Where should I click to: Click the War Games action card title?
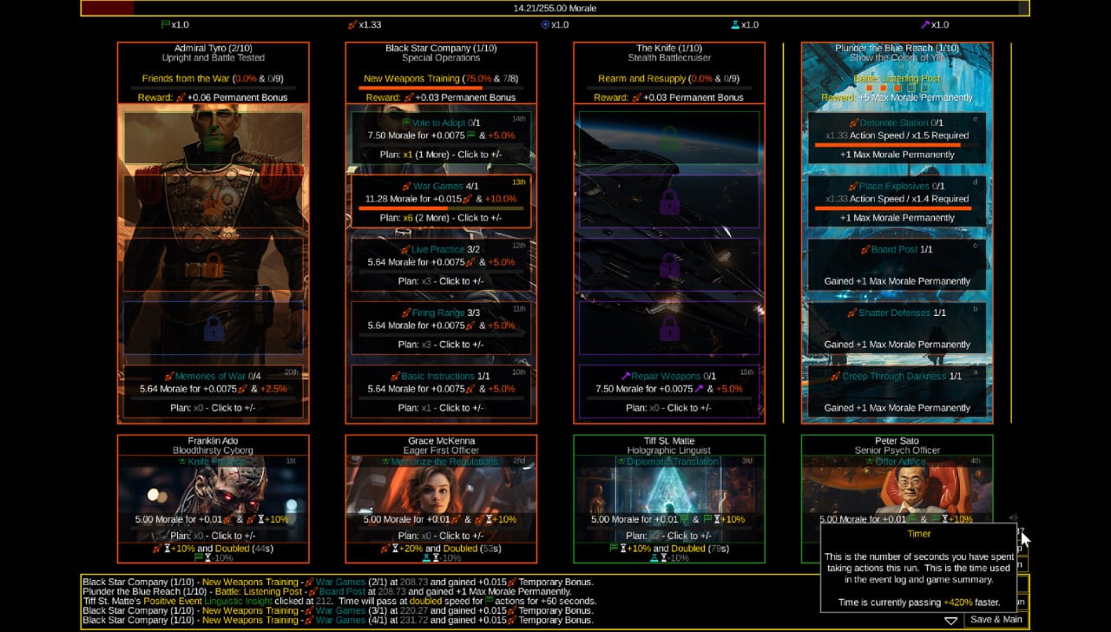click(439, 187)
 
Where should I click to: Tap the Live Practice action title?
click(439, 250)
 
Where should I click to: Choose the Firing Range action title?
click(439, 313)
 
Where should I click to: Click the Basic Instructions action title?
click(439, 377)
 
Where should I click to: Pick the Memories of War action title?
click(211, 377)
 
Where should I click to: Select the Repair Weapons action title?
click(667, 377)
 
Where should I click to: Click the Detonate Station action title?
click(894, 123)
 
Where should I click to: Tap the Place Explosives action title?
click(894, 187)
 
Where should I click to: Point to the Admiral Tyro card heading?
click(213, 49)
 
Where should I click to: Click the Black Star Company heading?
click(440, 49)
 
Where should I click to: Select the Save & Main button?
click(996, 620)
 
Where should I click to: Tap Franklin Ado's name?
click(213, 441)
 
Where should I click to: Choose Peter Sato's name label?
click(897, 441)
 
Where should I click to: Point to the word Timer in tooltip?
click(918, 534)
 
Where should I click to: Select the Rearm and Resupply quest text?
click(641, 79)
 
